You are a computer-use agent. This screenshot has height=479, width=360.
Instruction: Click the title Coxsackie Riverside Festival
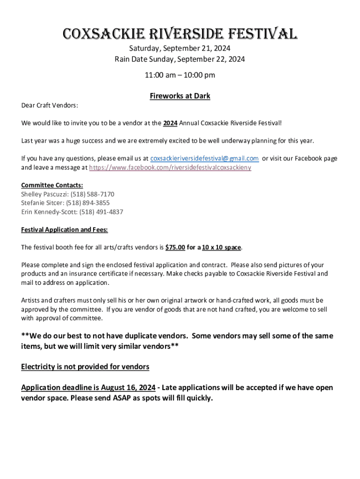pos(180,34)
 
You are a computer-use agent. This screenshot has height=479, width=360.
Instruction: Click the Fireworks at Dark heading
pos(180,96)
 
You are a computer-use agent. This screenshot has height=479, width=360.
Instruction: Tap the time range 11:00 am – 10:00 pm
pos(180,75)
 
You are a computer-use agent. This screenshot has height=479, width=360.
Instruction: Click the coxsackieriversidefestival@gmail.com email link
pos(204,159)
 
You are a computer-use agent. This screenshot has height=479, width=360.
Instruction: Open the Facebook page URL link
pos(170,167)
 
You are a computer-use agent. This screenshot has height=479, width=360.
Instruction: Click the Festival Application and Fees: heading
pos(65,230)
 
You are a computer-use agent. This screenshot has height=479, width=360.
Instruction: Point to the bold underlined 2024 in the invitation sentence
pos(170,123)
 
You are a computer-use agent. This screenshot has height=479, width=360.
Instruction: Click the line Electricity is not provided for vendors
pos(85,367)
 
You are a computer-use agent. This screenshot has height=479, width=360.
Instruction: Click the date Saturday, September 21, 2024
pos(180,49)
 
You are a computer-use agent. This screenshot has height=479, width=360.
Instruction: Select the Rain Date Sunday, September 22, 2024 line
pos(180,59)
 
